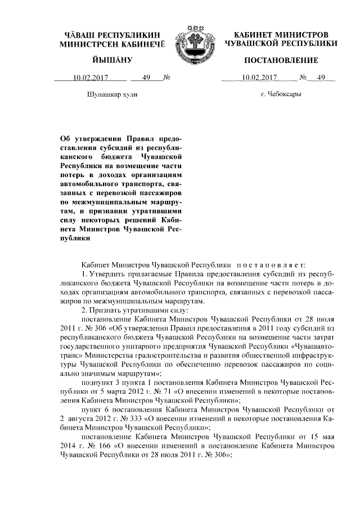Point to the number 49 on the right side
(321, 78)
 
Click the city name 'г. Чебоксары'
(281, 95)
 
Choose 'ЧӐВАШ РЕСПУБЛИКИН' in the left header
(110, 35)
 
